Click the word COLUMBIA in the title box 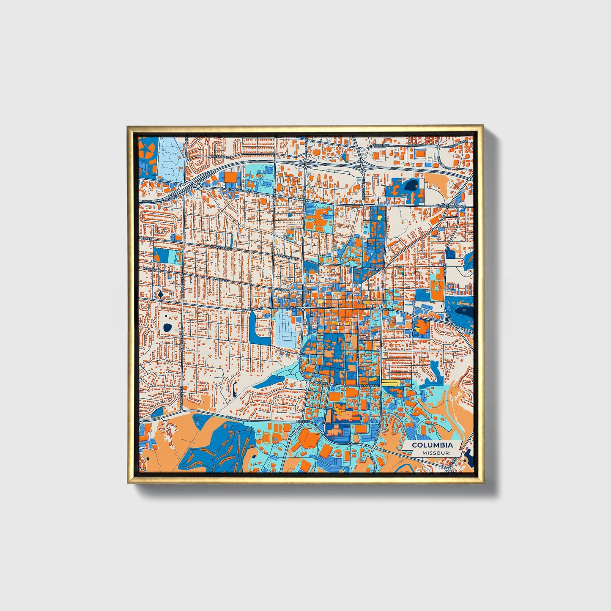tap(432, 445)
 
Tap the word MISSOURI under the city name tap(436, 453)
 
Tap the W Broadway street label tap(253, 309)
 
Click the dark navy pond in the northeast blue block tap(411, 185)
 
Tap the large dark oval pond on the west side tap(168, 327)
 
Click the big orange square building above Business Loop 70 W tap(231, 177)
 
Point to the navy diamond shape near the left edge tap(160, 293)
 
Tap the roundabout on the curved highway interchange tap(198, 186)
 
